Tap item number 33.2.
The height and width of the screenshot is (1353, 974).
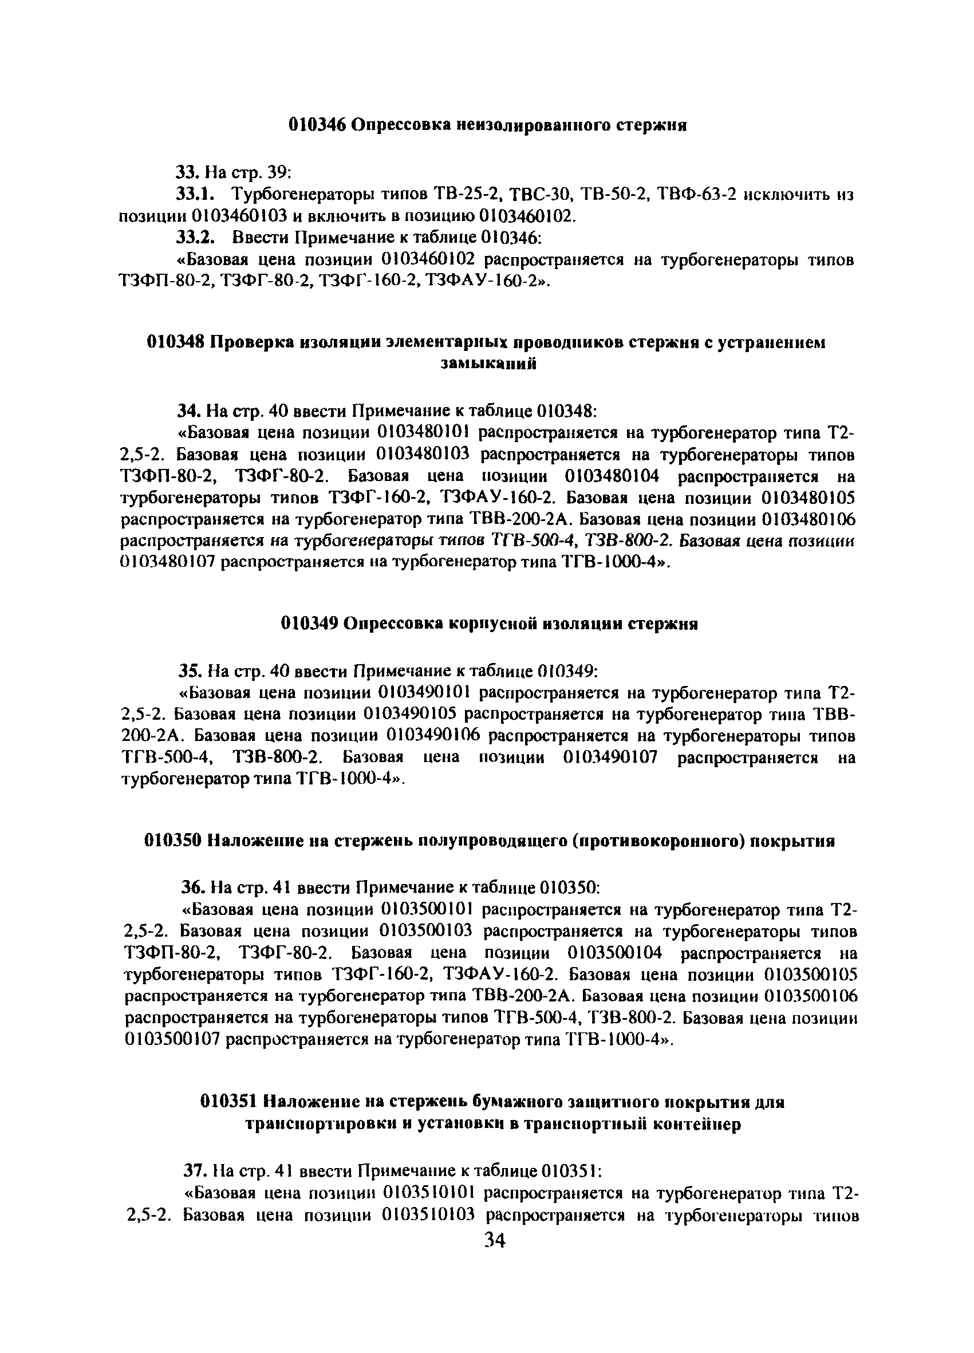[195, 238]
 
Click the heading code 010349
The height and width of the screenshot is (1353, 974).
[310, 624]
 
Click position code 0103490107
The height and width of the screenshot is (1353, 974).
[610, 758]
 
